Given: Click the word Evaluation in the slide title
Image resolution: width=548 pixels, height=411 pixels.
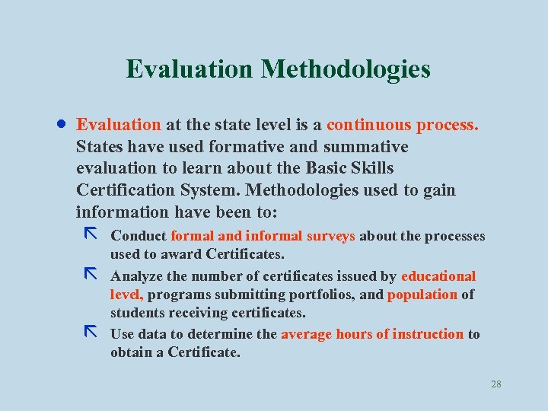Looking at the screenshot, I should pos(190,69).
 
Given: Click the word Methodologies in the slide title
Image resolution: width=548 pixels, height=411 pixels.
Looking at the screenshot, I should pos(346,69).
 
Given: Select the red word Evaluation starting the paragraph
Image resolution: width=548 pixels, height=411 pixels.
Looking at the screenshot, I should pos(119,125).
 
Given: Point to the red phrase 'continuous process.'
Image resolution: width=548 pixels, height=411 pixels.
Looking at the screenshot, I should pos(403,125).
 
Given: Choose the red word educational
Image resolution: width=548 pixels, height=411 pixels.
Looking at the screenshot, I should pos(438,276).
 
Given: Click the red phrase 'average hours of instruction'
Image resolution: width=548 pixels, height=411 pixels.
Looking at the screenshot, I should pos(372,334).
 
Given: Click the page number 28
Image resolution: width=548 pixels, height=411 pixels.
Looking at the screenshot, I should pos(496,384).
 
